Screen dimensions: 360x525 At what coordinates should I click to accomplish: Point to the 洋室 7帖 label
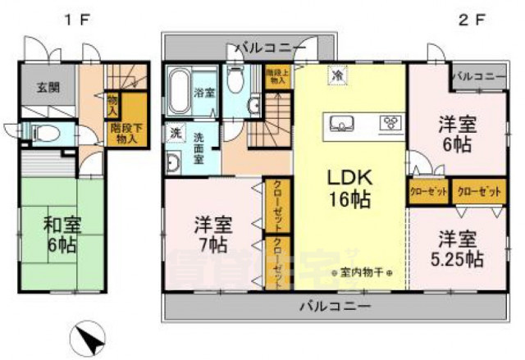pos(212,233)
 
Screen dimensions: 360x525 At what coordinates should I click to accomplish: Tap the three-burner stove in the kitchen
pos(388,124)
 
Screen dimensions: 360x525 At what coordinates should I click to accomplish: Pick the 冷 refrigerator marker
pos(336,75)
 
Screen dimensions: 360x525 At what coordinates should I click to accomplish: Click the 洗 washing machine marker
pos(175,133)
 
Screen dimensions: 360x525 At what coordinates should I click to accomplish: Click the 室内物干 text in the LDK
pos(361,272)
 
